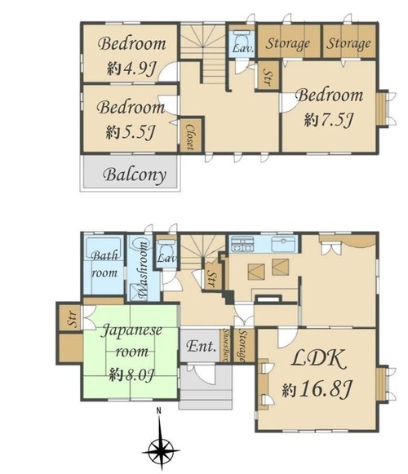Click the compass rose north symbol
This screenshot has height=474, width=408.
[x=162, y=446]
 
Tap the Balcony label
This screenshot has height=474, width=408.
[x=135, y=175]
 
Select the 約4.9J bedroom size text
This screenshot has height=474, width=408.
[x=131, y=69]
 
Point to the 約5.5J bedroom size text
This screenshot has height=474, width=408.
[x=131, y=132]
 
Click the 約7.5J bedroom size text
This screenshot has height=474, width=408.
[x=329, y=120]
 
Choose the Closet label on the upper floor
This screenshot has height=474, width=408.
[x=189, y=137]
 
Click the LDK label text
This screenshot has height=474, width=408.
[x=318, y=360]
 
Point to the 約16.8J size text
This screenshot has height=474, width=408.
[x=317, y=390]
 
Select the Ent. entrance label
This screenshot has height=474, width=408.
[x=201, y=347]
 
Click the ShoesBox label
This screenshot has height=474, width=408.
[x=225, y=345]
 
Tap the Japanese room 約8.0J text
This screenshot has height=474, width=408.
[x=131, y=375]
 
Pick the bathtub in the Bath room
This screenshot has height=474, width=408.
[x=104, y=249]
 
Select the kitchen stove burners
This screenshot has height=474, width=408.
[x=242, y=244]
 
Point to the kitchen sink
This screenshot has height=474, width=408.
[x=283, y=244]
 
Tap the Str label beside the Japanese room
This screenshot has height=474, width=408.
[x=73, y=319]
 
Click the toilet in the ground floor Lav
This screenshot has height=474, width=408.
[x=166, y=247]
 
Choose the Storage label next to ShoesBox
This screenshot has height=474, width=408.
[x=242, y=345]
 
